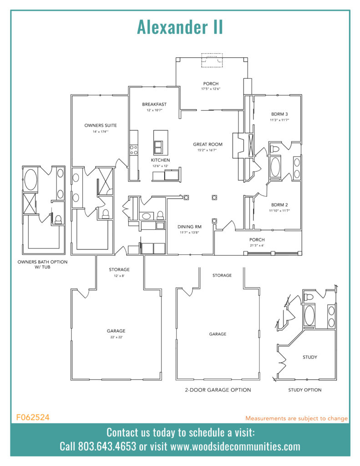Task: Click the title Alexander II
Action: coord(180,27)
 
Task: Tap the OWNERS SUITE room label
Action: coord(101,125)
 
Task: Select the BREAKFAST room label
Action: coord(154,104)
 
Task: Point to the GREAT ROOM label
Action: coord(207,144)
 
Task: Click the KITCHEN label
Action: coord(161,160)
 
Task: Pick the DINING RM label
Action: coord(189,226)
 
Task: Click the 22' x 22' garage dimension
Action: coord(116,337)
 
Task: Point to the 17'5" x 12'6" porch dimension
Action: coord(211,89)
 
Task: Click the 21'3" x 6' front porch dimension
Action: coord(257,246)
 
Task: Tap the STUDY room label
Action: coord(310,357)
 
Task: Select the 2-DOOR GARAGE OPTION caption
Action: coord(218,390)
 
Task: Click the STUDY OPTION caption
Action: coord(304,390)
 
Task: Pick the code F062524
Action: coord(33,417)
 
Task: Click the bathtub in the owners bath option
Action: coord(31,180)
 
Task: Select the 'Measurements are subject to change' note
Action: coord(296,418)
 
